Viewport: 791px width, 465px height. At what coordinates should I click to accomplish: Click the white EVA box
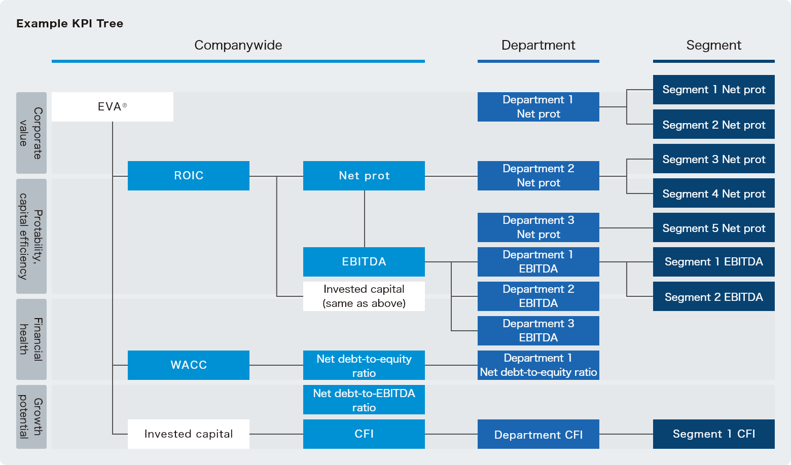[112, 107]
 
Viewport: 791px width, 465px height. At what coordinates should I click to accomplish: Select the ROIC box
[188, 176]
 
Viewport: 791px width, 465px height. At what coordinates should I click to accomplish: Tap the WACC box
[188, 365]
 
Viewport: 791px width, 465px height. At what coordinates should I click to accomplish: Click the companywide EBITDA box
[364, 262]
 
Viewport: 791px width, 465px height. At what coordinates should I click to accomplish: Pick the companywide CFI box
[364, 434]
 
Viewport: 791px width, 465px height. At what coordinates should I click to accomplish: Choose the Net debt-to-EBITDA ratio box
[364, 400]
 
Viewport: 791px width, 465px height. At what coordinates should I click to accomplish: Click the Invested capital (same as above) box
[364, 296]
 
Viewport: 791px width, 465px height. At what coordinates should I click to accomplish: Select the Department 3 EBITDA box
[538, 331]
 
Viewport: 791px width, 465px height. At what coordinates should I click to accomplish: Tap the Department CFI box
[538, 434]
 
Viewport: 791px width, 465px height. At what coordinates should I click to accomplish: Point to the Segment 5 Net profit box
[713, 228]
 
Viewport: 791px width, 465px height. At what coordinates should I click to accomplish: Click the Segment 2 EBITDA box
[713, 297]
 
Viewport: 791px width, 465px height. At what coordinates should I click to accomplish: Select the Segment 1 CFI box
[713, 434]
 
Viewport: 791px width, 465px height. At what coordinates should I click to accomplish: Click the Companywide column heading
[238, 45]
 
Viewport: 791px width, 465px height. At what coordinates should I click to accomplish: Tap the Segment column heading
[713, 45]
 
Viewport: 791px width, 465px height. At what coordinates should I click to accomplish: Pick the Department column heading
[538, 45]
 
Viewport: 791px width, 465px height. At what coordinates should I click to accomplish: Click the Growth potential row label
[31, 417]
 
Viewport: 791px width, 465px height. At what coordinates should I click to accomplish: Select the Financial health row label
[31, 339]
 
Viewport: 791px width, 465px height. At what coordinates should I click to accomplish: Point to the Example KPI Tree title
[69, 23]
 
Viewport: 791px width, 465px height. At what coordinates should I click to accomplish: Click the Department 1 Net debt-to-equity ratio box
[538, 365]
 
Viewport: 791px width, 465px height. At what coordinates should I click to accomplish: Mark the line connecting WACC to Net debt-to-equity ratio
[276, 365]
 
